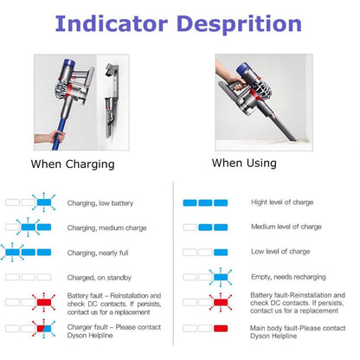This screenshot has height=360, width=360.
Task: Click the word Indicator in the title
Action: [x=112, y=23]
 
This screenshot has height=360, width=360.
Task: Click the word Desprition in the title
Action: [x=239, y=25]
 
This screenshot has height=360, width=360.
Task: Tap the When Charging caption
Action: [x=73, y=164]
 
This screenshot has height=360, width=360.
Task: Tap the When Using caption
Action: [x=244, y=164]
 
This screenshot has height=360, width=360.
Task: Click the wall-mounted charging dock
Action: [x=112, y=100]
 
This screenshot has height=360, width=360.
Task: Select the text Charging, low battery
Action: [x=100, y=203]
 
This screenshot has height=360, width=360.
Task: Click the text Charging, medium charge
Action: [x=106, y=228]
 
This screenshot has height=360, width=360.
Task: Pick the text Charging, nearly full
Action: [x=98, y=253]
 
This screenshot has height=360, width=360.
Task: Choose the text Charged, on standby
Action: [x=100, y=278]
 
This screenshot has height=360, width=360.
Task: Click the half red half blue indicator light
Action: [x=44, y=328]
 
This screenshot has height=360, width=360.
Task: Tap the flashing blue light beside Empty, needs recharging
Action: [x=221, y=277]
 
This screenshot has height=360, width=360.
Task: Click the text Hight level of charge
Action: [x=282, y=202]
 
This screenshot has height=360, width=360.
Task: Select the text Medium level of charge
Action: [x=286, y=227]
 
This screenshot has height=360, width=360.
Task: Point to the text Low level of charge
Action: [x=280, y=252]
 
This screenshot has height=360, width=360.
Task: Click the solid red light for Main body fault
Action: [x=221, y=328]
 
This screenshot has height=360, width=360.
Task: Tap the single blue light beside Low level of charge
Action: [x=221, y=253]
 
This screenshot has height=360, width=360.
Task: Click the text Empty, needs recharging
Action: [x=288, y=277]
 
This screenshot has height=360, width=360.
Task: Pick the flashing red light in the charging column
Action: [x=44, y=302]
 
